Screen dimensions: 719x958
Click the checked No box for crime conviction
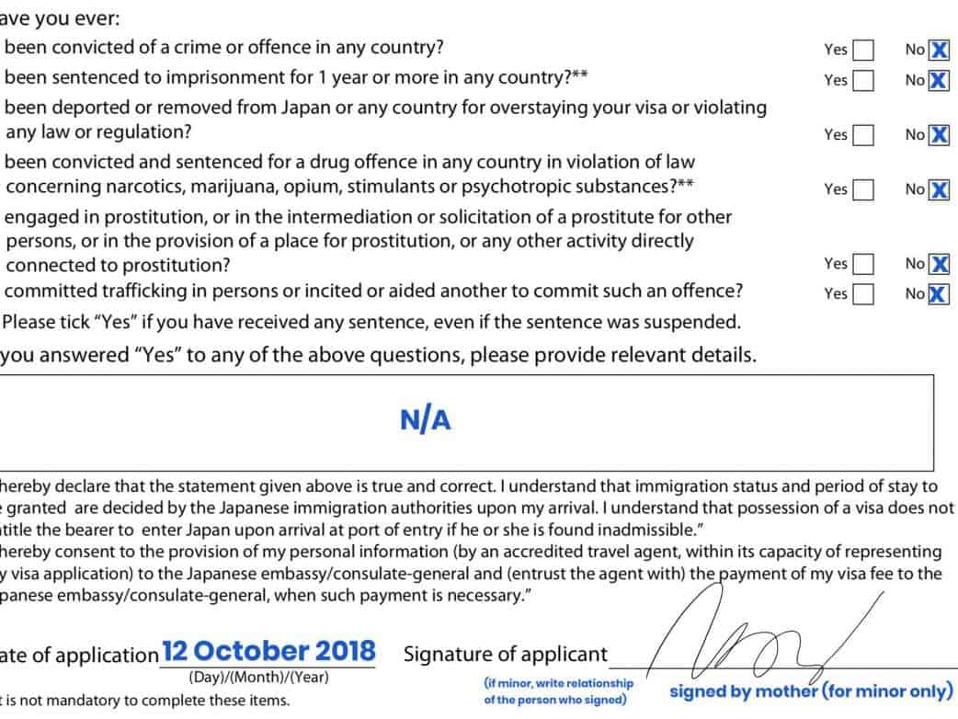click(x=939, y=50)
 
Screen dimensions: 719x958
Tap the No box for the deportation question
click(x=939, y=135)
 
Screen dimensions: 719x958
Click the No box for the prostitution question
click(x=939, y=265)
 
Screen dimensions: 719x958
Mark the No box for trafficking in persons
click(x=939, y=294)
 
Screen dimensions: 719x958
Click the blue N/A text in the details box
click(x=426, y=420)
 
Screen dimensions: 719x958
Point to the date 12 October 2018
click(x=268, y=651)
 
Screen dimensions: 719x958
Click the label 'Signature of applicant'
click(x=506, y=655)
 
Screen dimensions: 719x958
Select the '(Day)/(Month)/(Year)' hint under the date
click(x=258, y=678)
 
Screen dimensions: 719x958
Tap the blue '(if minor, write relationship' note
click(x=559, y=684)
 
